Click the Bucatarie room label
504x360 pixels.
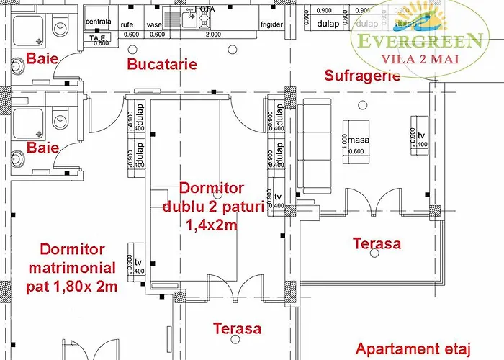[162, 64]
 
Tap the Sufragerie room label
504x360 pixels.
[362, 76]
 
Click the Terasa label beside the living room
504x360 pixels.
[377, 243]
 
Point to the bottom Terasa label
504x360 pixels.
[237, 329]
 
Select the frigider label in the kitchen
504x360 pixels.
[271, 24]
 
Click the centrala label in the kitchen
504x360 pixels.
[98, 22]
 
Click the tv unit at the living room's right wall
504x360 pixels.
[420, 135]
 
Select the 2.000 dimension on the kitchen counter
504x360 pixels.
[213, 35]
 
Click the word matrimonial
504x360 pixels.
[72, 268]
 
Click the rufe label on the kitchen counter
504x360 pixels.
[127, 24]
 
